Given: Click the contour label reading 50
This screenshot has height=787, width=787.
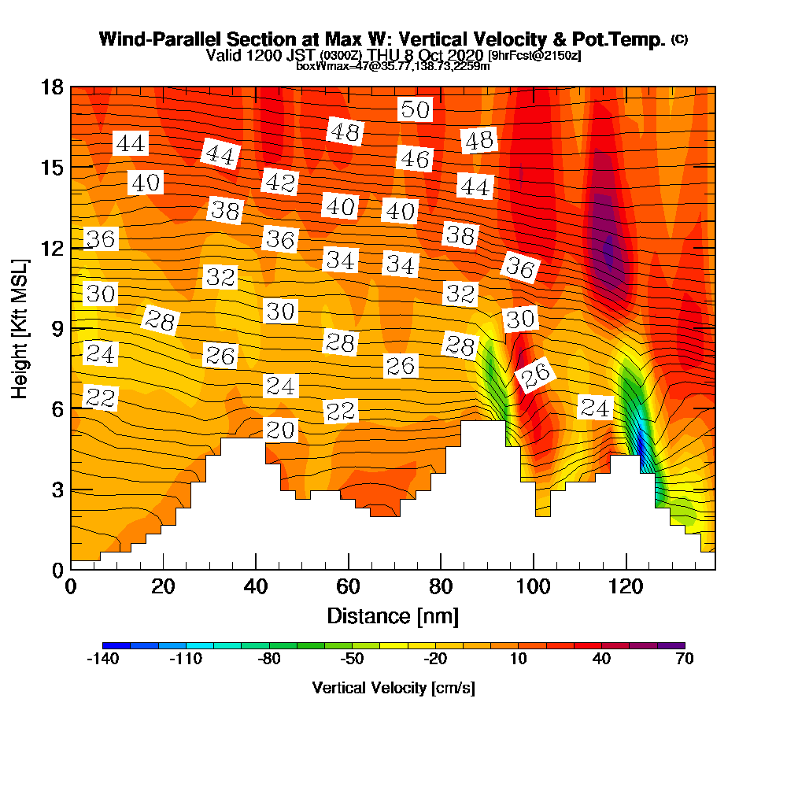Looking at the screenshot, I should tap(415, 109).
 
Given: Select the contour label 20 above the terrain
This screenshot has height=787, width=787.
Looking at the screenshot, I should tap(280, 430).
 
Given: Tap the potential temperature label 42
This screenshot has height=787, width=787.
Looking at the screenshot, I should tap(279, 183).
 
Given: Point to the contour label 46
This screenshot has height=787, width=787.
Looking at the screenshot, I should tap(415, 159).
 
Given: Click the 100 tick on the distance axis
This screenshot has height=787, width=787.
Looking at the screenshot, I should tap(534, 587).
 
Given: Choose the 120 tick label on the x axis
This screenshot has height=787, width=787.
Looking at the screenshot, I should tap(626, 587).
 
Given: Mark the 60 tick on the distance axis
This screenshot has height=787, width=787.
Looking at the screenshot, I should tap(349, 587).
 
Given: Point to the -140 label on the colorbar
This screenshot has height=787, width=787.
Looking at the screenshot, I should tap(102, 660).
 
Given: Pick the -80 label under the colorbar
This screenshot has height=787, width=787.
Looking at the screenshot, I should tap(269, 660).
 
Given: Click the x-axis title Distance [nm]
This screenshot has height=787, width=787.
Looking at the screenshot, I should tap(393, 615).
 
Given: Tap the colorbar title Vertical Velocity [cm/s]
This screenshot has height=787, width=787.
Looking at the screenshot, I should tap(393, 688).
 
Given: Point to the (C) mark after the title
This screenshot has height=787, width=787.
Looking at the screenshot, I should tap(679, 39).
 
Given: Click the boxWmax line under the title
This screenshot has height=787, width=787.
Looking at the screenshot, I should tap(393, 66).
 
